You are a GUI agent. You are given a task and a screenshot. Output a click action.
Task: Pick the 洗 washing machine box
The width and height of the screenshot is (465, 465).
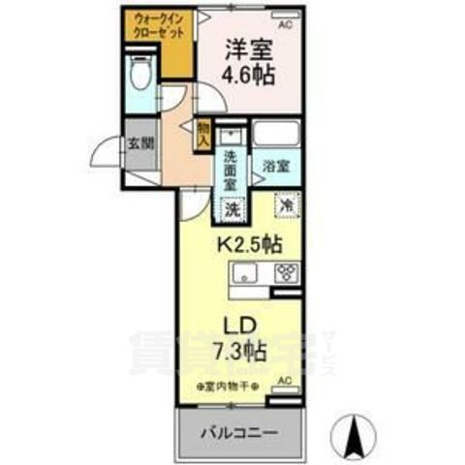[232, 207]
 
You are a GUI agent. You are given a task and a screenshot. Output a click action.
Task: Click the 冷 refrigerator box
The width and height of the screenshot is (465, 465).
[287, 205]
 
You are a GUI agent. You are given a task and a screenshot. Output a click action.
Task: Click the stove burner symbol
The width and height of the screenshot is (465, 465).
[287, 272]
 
